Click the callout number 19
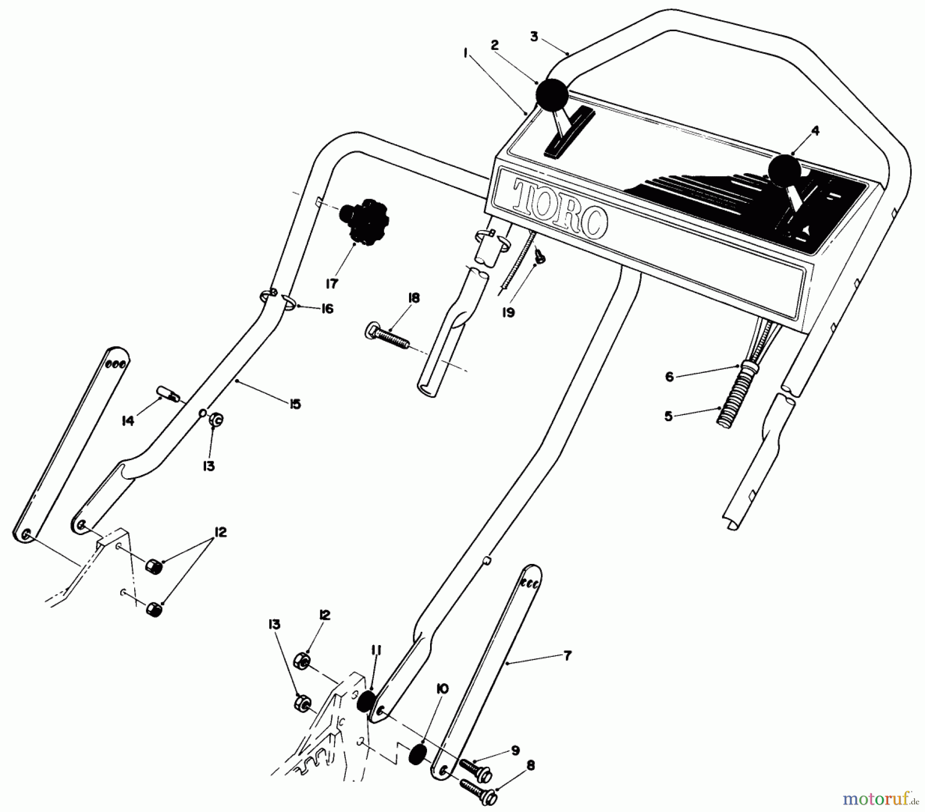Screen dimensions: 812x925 (x=508, y=312)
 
